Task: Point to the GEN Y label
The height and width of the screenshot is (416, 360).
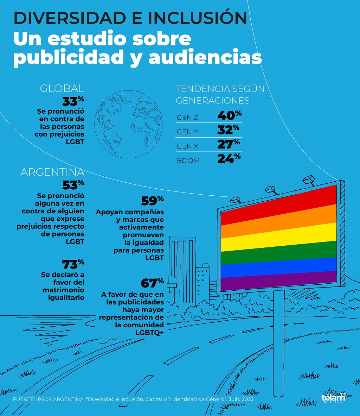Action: tap(188, 132)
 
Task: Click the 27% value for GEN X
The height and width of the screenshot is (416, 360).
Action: tap(229, 144)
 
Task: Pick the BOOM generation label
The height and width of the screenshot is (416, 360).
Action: tap(188, 160)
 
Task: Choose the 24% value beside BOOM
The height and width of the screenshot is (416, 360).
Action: tap(229, 159)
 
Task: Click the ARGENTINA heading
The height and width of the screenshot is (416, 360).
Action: tap(52, 172)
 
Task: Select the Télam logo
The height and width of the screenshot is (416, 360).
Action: tap(333, 397)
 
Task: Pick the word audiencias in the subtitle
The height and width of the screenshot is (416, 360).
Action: tap(205, 57)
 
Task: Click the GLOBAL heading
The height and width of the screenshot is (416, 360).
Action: tap(62, 88)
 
